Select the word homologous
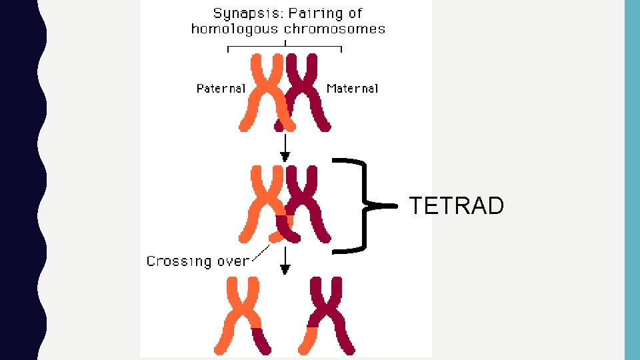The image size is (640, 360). [235, 29]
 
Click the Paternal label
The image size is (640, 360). [221, 88]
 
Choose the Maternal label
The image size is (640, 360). [353, 88]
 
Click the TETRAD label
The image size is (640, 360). [457, 206]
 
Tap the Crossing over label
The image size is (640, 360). [197, 261]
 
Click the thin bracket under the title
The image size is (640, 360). [285, 47]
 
